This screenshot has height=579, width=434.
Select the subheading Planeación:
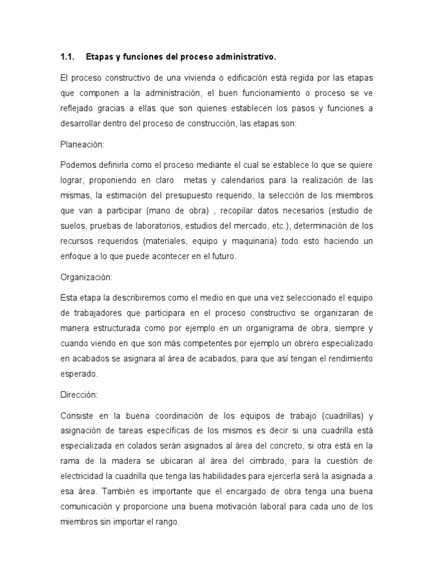pos(83,144)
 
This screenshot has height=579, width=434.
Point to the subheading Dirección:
pos(79,395)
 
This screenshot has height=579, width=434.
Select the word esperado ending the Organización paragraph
pos(79,374)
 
